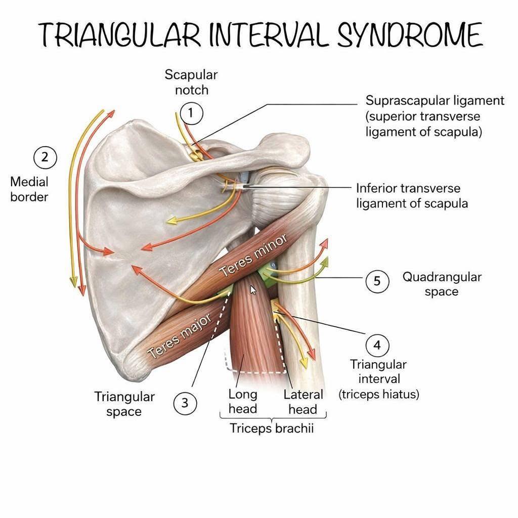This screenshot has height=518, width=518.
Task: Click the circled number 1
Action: [191, 113]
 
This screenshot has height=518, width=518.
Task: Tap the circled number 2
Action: [45, 157]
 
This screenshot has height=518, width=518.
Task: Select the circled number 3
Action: [185, 403]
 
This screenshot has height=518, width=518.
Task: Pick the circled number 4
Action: [377, 346]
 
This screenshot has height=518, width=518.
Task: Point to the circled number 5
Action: [377, 281]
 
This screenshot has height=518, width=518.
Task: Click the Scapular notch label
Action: [191, 82]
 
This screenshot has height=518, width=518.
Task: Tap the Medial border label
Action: [29, 189]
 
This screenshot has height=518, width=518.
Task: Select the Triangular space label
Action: [124, 404]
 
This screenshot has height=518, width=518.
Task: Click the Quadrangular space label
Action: [442, 284]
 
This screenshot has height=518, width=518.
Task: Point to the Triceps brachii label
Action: [272, 428]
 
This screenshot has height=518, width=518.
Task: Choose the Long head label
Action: [243, 401]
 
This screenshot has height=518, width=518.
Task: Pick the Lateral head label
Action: [303, 402]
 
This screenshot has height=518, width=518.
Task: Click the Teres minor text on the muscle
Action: [253, 255]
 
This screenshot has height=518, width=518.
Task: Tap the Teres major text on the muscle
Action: [179, 336]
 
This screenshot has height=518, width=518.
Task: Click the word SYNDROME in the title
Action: [410, 35]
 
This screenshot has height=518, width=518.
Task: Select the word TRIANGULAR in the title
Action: [119, 35]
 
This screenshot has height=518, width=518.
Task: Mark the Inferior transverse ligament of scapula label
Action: [412, 196]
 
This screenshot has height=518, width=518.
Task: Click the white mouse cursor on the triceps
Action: [253, 290]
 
